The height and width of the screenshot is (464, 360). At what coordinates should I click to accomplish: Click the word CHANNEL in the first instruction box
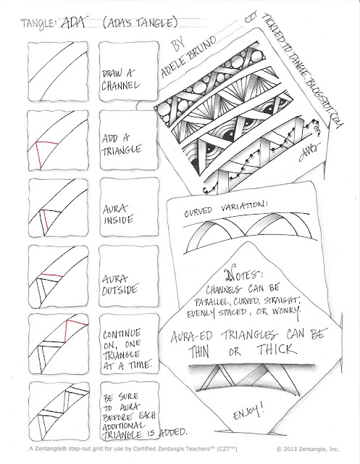(x=120, y=86)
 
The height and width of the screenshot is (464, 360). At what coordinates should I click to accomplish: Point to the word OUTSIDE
(x=120, y=290)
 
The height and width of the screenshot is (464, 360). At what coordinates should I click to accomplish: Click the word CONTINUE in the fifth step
(x=122, y=334)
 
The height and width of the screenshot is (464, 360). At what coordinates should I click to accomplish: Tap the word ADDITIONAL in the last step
(x=124, y=426)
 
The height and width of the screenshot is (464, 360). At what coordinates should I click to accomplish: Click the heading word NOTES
(x=243, y=275)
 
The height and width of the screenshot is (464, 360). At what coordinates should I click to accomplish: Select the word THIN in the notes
(x=199, y=352)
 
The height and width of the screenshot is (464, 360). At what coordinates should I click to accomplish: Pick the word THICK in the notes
(x=277, y=349)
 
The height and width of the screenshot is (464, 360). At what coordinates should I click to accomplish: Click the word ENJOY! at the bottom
(x=248, y=413)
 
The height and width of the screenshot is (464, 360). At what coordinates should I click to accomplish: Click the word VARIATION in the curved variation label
(x=244, y=207)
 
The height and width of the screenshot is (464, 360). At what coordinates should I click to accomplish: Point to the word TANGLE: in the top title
(x=38, y=24)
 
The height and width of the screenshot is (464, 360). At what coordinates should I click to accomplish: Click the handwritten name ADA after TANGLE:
(x=73, y=22)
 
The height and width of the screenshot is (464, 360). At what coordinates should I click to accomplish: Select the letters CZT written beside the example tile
(x=251, y=17)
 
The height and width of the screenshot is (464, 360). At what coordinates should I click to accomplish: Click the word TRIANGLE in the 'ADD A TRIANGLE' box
(x=122, y=150)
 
